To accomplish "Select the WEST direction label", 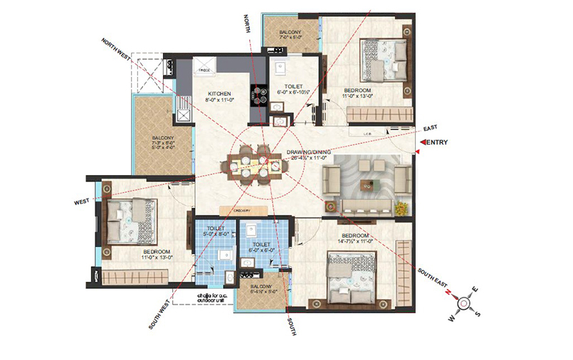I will [82, 202].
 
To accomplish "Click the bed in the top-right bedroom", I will [383, 61].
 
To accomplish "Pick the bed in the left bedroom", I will [131, 220].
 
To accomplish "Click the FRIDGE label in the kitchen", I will [204, 71].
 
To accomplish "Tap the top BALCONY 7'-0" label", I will [290, 36].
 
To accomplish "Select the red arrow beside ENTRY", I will [422, 143].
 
